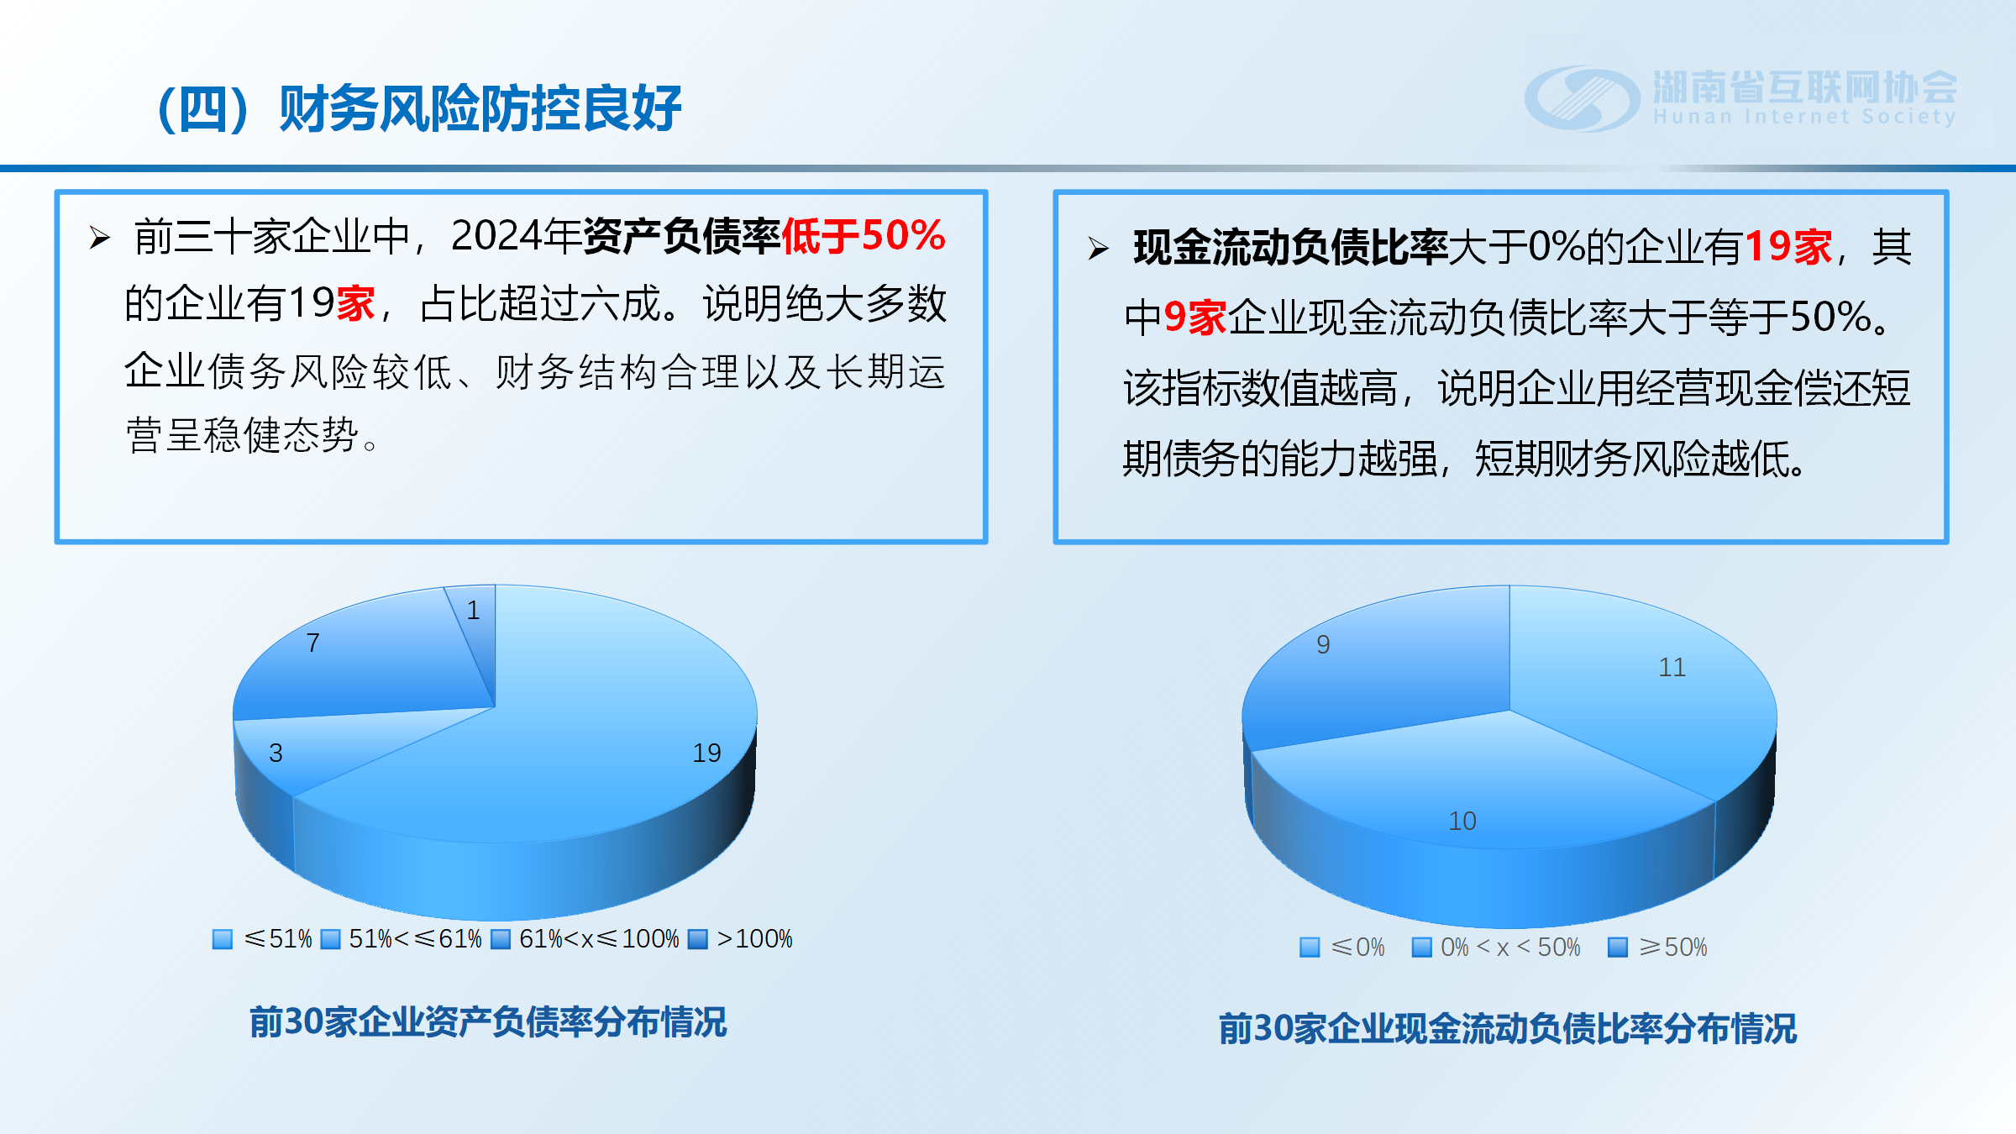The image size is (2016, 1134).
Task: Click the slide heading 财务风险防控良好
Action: pyautogui.click(x=480, y=109)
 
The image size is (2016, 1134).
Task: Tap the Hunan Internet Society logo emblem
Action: pyautogui.click(x=1582, y=99)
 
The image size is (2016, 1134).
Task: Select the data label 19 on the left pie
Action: pyautogui.click(x=706, y=753)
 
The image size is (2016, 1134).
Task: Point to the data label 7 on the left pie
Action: pyautogui.click(x=313, y=643)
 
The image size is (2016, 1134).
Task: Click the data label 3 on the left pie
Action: pyautogui.click(x=276, y=753)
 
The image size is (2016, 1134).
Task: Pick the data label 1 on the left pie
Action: pyautogui.click(x=474, y=610)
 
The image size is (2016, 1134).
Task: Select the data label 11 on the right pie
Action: pyautogui.click(x=1672, y=667)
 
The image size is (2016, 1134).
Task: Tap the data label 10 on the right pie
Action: pyautogui.click(x=1462, y=821)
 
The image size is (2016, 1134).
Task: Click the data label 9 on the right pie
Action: pyautogui.click(x=1323, y=644)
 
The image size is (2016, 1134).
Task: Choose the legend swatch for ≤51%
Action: pyautogui.click(x=223, y=938)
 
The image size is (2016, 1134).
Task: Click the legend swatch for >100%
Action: pyautogui.click(x=698, y=938)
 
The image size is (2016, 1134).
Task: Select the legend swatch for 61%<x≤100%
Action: pyautogui.click(x=501, y=938)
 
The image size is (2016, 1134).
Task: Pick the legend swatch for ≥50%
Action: pyautogui.click(x=1618, y=948)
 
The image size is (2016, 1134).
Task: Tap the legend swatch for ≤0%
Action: pyautogui.click(x=1310, y=948)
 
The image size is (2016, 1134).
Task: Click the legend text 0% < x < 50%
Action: pyautogui.click(x=1510, y=948)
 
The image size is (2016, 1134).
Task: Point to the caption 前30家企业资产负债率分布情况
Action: pyautogui.click(x=488, y=1022)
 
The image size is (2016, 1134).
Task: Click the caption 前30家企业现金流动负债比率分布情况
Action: pyautogui.click(x=1508, y=1028)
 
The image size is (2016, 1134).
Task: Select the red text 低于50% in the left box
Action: pyautogui.click(x=864, y=236)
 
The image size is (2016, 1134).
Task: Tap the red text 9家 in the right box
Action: pyautogui.click(x=1195, y=318)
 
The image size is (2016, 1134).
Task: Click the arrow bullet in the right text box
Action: pyautogui.click(x=1099, y=249)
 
